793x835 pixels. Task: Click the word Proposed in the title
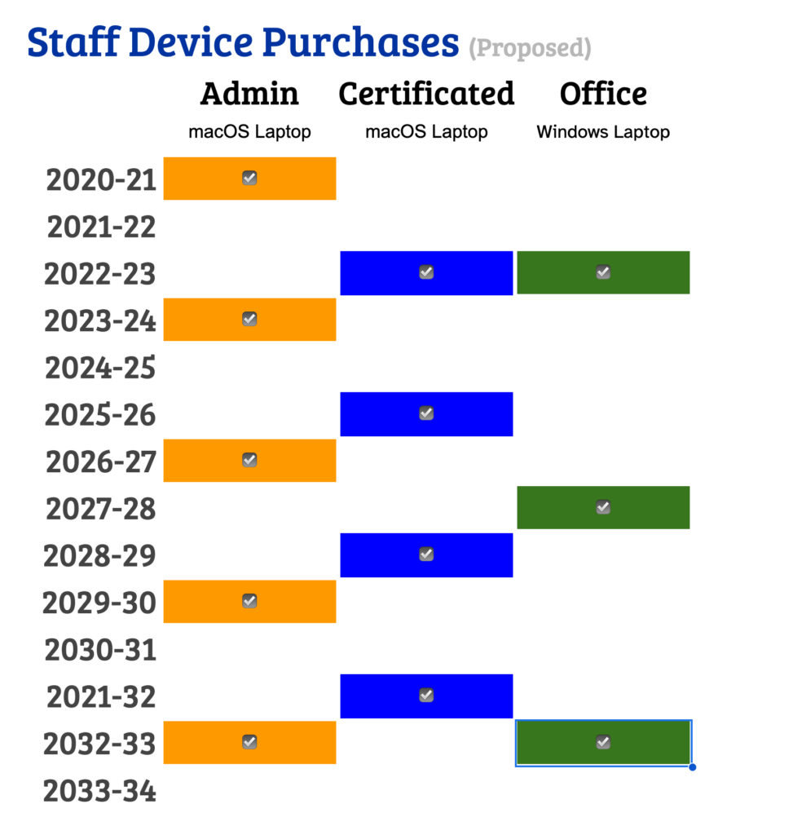pyautogui.click(x=530, y=48)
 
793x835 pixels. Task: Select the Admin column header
pyautogui.click(x=249, y=94)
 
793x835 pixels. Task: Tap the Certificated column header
pyautogui.click(x=426, y=94)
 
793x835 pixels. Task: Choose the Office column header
pyautogui.click(x=603, y=94)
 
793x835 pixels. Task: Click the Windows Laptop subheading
pyautogui.click(x=603, y=132)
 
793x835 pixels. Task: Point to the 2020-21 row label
pyautogui.click(x=101, y=179)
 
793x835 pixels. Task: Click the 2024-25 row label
pyautogui.click(x=100, y=368)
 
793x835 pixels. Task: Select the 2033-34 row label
pyautogui.click(x=99, y=791)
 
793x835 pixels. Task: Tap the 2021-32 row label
pyautogui.click(x=101, y=697)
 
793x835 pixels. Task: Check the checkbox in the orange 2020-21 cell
pyautogui.click(x=249, y=178)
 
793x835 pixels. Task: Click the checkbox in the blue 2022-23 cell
pyautogui.click(x=426, y=272)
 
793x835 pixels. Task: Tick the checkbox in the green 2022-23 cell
pyautogui.click(x=603, y=272)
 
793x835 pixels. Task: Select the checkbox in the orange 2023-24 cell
pyautogui.click(x=249, y=319)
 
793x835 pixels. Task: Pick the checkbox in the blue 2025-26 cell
pyautogui.click(x=426, y=413)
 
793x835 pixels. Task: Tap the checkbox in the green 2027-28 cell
pyautogui.click(x=603, y=507)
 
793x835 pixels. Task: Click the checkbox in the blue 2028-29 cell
pyautogui.click(x=426, y=554)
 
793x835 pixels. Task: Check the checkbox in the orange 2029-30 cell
pyautogui.click(x=249, y=601)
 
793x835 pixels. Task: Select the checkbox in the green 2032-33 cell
pyautogui.click(x=603, y=742)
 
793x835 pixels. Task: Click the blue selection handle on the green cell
pyautogui.click(x=692, y=767)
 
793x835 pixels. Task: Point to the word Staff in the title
pyautogui.click(x=73, y=42)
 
